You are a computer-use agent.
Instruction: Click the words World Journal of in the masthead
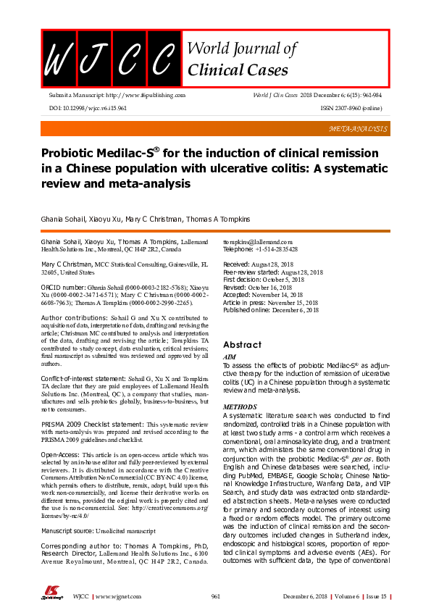click(x=241, y=49)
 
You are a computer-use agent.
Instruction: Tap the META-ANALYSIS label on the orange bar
click(x=359, y=128)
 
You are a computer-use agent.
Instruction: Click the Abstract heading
click(x=242, y=345)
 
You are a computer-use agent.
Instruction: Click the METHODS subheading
click(x=238, y=407)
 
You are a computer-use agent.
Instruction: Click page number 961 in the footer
click(x=215, y=596)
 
